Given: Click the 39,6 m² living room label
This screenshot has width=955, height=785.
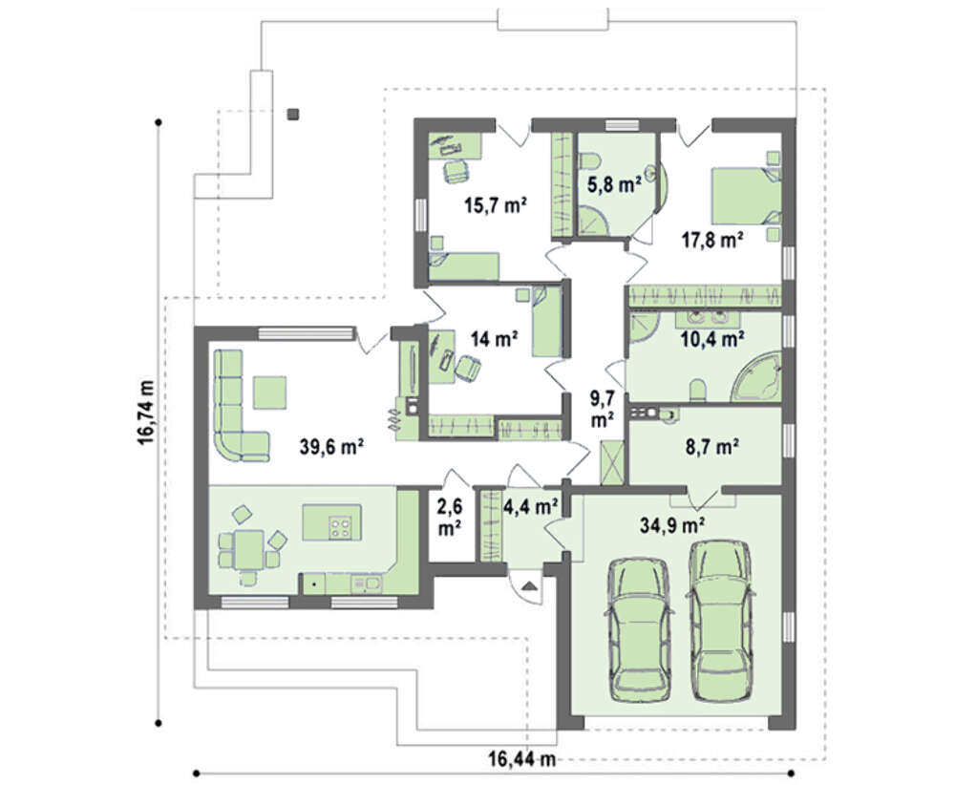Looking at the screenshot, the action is [x=331, y=448].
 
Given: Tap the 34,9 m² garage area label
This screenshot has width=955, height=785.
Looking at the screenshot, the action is [x=672, y=524].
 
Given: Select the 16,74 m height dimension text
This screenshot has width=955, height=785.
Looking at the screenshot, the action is [x=146, y=413].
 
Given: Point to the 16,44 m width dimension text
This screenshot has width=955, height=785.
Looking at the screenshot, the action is [x=522, y=759].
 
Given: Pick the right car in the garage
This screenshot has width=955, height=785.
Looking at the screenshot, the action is [x=720, y=623].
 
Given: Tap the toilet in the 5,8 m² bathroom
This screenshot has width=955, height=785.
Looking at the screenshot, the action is [x=588, y=160].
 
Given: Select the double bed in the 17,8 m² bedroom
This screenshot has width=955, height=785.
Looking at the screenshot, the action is [x=747, y=196].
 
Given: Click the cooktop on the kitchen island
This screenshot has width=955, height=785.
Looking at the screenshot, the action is [x=340, y=527].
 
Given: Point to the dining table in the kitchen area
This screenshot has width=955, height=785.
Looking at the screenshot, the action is [x=248, y=549].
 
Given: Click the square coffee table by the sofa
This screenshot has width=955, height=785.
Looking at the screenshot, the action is [x=270, y=392].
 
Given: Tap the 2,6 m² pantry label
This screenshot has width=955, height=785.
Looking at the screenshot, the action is [x=449, y=517].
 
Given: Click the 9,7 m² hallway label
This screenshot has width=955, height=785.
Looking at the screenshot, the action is [x=602, y=409].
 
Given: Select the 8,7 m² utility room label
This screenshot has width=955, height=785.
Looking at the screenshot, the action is [x=712, y=447].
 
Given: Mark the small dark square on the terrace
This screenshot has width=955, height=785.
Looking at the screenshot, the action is [x=293, y=114].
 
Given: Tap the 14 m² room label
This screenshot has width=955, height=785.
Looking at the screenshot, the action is [x=494, y=339].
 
